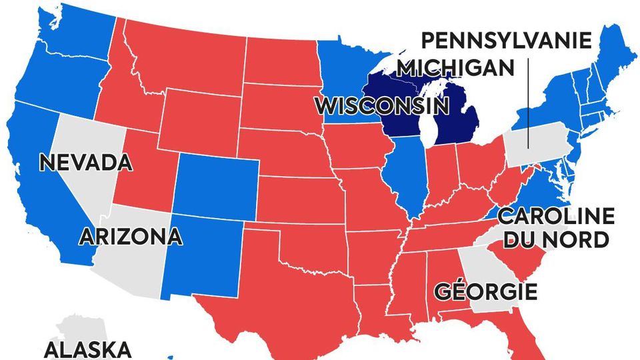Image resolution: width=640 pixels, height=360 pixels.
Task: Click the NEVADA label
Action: point(84,163)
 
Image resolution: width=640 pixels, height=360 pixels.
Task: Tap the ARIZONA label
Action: point(131,237)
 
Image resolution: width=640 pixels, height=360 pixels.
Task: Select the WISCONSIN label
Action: point(381,105)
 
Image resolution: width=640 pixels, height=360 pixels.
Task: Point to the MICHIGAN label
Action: point(455,67)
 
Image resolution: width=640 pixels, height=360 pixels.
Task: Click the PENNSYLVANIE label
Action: point(507,40)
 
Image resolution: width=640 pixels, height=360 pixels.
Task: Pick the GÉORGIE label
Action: point(486,291)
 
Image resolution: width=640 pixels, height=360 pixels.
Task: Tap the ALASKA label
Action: point(87,349)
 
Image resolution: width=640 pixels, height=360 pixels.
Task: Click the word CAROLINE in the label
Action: point(556,217)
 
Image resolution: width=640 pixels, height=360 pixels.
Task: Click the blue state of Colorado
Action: point(217,185)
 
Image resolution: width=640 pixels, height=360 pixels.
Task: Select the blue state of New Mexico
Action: point(203,256)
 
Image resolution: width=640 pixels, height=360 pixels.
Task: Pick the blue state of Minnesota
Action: point(343,73)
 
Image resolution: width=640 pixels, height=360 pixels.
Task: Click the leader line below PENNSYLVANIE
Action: point(527,100)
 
